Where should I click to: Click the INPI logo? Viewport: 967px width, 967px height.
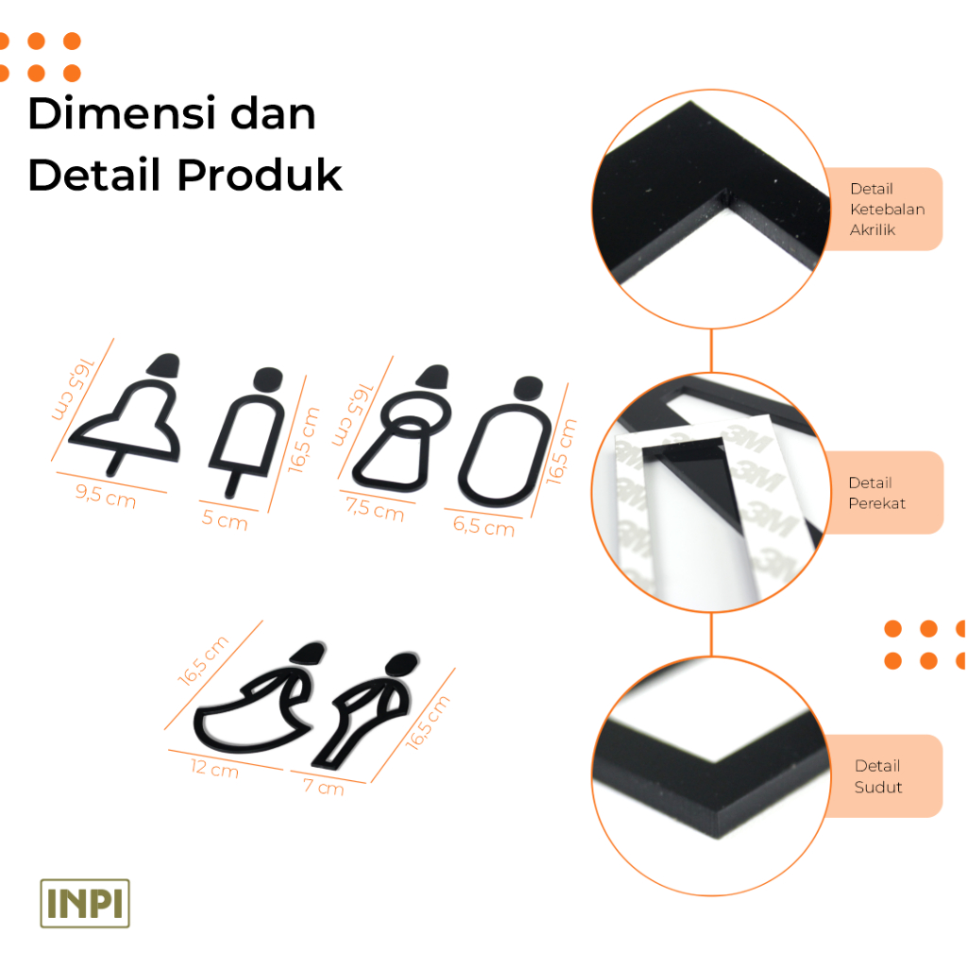[85, 903]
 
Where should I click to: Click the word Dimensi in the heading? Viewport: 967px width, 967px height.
[122, 113]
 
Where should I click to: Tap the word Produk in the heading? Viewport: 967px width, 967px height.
[260, 175]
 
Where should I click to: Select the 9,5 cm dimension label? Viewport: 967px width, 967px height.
[106, 496]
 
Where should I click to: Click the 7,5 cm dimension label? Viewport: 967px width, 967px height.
[374, 509]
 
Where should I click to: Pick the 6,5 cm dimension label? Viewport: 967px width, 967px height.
[484, 526]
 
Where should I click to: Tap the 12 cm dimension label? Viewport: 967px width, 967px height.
[214, 768]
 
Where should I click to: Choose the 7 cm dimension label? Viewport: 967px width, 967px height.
[323, 786]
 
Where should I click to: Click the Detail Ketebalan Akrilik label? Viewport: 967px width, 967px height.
[887, 209]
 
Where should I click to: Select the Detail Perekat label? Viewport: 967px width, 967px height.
[876, 493]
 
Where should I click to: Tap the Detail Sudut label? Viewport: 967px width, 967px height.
[877, 776]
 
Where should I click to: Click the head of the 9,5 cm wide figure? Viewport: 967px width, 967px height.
[164, 365]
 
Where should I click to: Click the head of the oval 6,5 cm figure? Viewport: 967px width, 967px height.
[529, 388]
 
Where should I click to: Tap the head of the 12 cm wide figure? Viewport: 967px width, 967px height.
[309, 653]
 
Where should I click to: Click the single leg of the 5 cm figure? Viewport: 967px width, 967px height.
[232, 484]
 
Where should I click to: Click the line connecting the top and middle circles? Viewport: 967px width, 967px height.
[711, 350]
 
